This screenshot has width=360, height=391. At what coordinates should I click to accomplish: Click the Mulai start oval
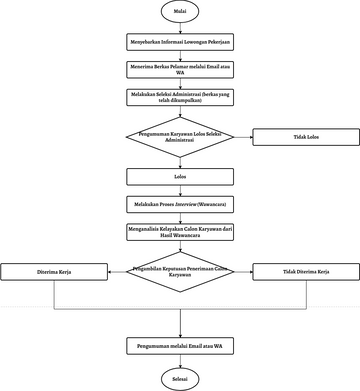[180, 14]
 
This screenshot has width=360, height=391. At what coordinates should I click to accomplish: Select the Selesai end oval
[180, 377]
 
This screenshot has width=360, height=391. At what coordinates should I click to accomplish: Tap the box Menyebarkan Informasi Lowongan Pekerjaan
[180, 43]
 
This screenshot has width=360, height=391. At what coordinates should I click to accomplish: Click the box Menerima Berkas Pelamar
[180, 69]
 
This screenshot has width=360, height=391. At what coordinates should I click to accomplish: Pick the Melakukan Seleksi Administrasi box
[180, 97]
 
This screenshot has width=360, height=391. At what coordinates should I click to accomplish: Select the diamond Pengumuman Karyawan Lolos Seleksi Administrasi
[180, 137]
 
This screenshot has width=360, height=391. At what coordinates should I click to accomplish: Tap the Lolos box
[180, 176]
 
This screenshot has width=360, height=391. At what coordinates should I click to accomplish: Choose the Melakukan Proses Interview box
[180, 203]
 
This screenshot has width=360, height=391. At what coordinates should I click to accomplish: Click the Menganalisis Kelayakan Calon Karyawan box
[180, 231]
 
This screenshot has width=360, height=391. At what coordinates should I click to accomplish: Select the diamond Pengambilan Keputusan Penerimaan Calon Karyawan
[180, 271]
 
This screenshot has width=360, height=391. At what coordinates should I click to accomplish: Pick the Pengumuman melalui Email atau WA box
[180, 345]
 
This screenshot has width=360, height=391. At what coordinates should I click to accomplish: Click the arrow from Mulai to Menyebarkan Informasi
[180, 29]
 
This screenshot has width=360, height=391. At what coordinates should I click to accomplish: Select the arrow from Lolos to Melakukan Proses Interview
[180, 190]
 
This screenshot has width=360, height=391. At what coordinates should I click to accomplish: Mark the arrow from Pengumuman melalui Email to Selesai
[180, 360]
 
